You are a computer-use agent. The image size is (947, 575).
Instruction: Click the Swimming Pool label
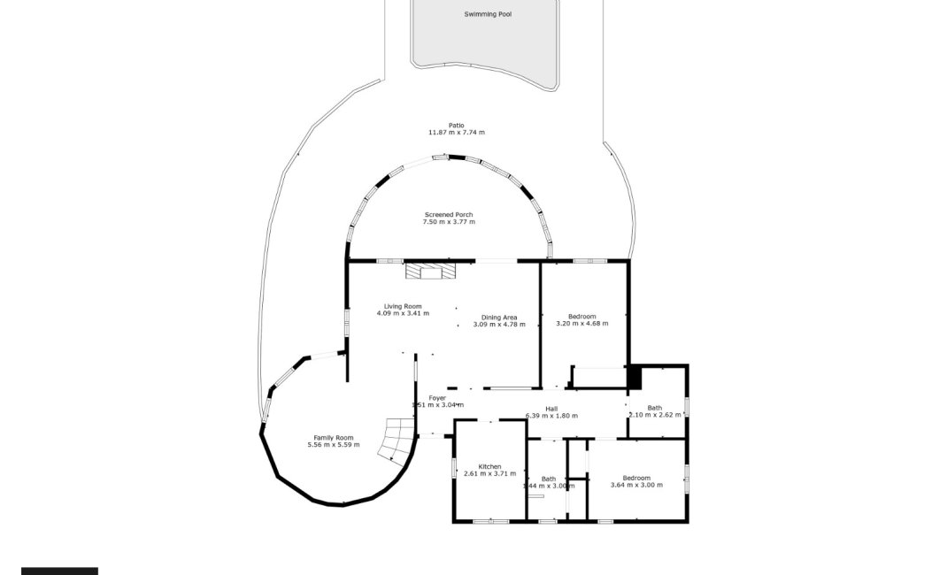click(x=489, y=14)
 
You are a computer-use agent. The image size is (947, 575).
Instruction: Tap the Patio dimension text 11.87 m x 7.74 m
click(x=457, y=133)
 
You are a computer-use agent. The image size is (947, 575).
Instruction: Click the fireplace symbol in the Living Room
click(x=429, y=271)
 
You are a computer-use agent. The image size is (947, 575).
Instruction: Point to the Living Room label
click(x=403, y=306)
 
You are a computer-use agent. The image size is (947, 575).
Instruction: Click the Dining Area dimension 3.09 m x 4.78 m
click(x=499, y=325)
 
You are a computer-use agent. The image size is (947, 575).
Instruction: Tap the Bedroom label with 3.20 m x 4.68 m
click(x=581, y=317)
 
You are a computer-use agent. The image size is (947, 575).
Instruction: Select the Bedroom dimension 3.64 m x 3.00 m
click(x=636, y=485)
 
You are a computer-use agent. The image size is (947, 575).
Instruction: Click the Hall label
click(x=551, y=409)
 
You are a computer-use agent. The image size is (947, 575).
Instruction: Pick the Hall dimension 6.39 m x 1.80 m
click(x=551, y=416)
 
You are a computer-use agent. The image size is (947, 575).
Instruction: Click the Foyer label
click(x=437, y=398)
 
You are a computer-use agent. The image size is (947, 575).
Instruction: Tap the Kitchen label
click(x=489, y=466)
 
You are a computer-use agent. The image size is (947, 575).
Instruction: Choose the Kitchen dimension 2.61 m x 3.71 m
click(x=489, y=474)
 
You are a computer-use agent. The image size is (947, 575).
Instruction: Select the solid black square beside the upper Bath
click(x=633, y=378)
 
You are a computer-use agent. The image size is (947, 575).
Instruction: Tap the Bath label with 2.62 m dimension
click(x=654, y=408)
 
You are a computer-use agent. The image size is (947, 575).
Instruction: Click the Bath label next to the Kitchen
click(x=549, y=479)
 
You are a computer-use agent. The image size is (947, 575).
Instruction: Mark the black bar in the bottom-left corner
click(x=59, y=571)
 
